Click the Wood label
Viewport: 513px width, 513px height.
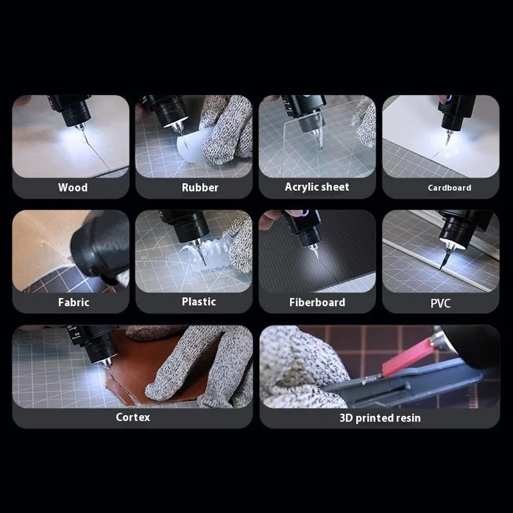click(x=72, y=187)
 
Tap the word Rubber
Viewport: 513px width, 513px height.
click(x=200, y=187)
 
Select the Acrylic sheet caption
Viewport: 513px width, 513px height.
click(x=317, y=187)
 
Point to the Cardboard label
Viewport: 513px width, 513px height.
click(x=450, y=188)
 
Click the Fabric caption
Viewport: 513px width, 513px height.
click(x=74, y=302)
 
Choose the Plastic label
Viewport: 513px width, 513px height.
click(x=199, y=301)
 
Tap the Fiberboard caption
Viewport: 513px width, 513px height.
click(x=317, y=302)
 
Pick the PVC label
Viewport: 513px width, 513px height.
click(x=441, y=303)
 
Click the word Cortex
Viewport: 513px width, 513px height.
click(x=133, y=417)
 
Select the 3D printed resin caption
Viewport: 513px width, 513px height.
click(x=380, y=418)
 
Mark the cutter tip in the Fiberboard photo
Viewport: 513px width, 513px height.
click(x=317, y=258)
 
